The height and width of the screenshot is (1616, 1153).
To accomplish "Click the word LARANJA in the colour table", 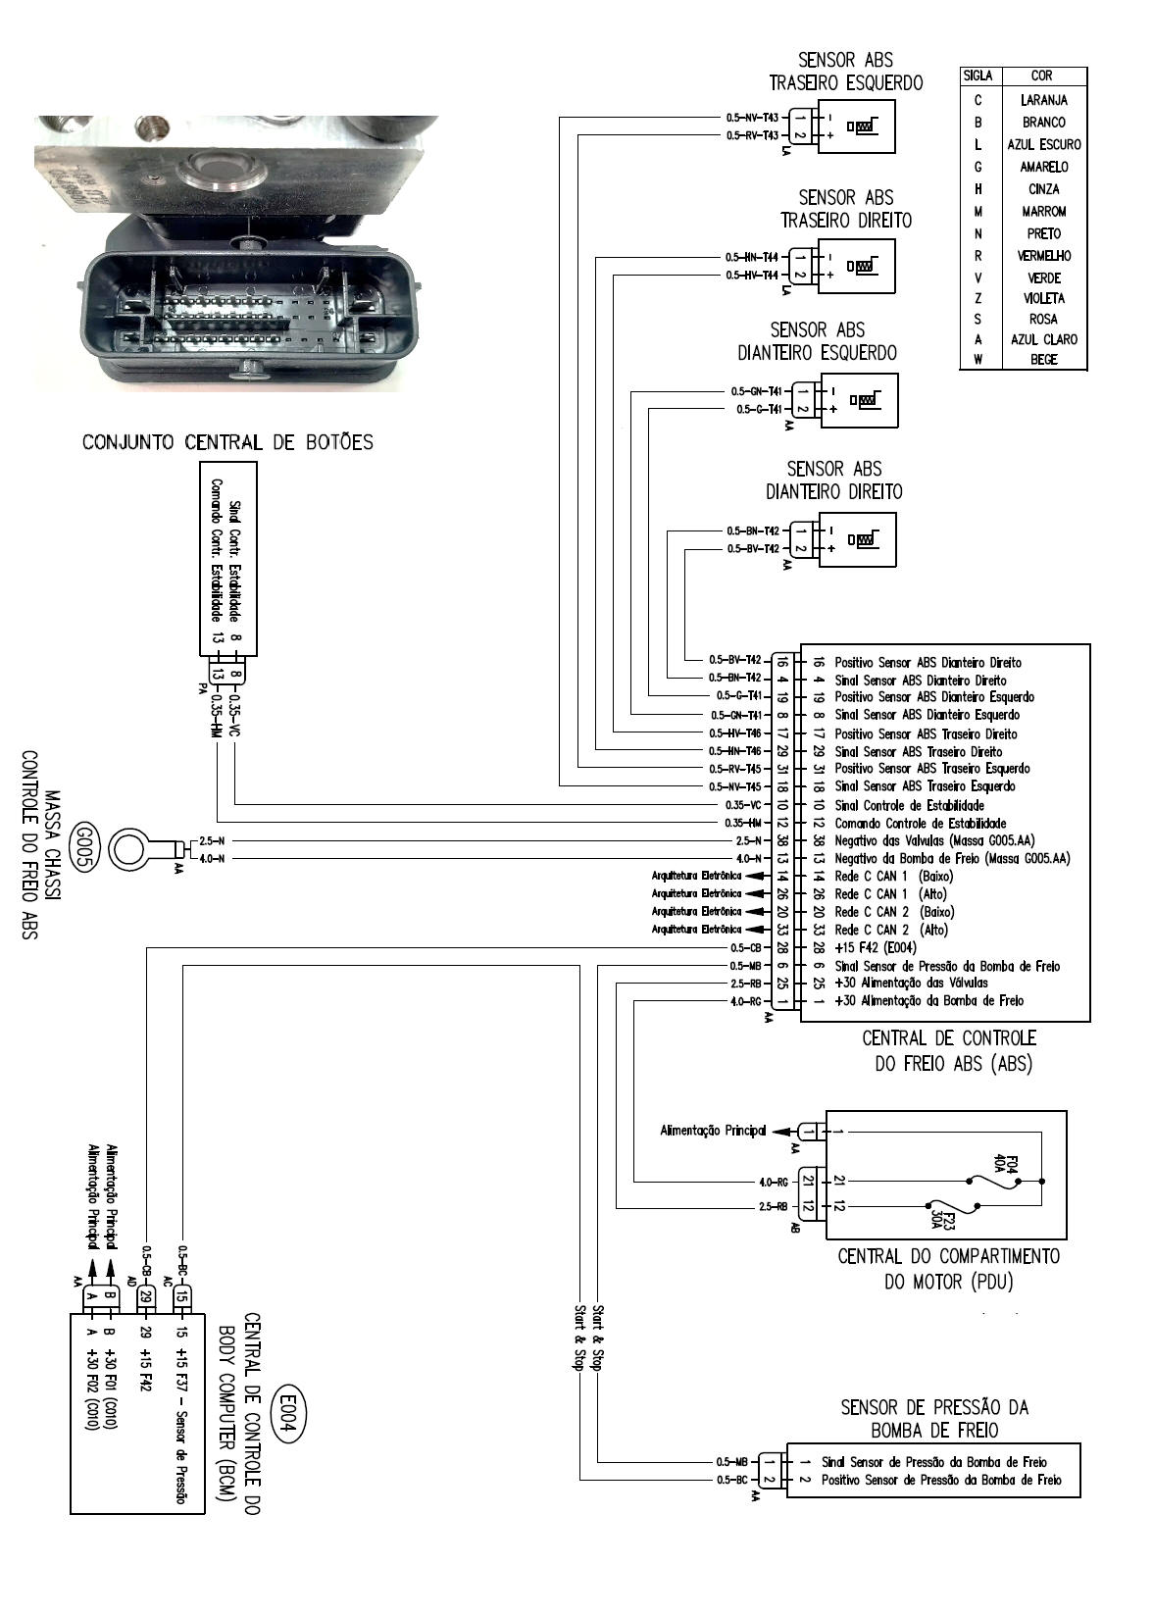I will [x=1043, y=100].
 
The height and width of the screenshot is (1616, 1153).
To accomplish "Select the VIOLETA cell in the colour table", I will [x=1043, y=298].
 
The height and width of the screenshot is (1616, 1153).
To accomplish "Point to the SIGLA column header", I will [x=978, y=76].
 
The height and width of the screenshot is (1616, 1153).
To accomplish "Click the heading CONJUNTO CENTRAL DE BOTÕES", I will [x=227, y=442].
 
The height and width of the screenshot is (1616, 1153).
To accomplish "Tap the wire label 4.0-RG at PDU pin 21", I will [x=774, y=1181].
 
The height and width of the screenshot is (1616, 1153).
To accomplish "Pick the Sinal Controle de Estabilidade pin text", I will [x=909, y=805].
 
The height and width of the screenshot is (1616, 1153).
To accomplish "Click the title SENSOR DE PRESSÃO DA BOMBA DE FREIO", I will [x=934, y=1419].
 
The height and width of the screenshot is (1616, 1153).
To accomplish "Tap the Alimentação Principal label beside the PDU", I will [x=713, y=1131].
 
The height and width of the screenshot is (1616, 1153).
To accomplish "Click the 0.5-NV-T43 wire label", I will [x=752, y=118].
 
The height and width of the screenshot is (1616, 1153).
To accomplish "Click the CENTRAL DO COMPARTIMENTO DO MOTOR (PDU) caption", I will [x=948, y=1268].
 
